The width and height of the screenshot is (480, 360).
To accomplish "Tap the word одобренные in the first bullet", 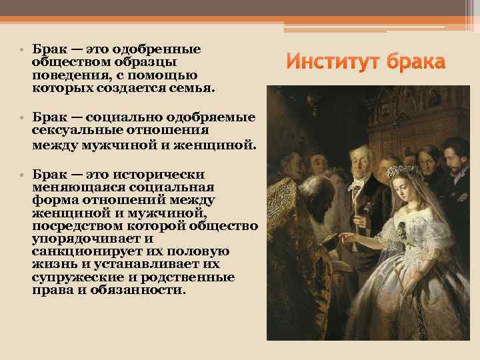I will [157, 50].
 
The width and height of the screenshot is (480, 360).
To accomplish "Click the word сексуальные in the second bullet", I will [77, 129].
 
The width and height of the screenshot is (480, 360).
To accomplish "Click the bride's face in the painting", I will [408, 193].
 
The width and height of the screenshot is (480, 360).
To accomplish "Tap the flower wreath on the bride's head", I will [405, 173].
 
